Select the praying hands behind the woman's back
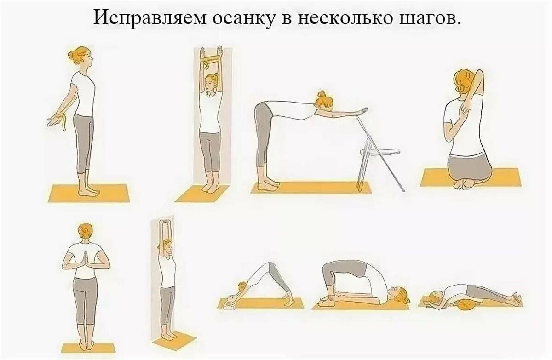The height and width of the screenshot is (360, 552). point(86,261)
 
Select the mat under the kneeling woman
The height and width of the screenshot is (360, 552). point(471,177)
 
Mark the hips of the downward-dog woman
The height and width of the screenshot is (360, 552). point(269,266)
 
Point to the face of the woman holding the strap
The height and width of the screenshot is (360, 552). point(211,83)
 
